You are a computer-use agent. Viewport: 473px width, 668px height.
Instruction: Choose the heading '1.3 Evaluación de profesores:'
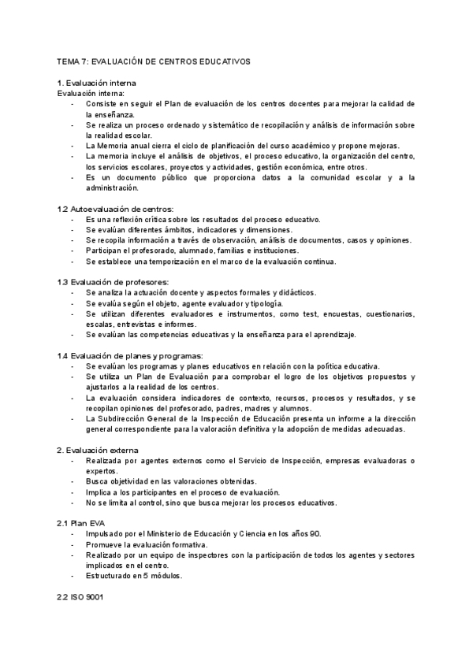click(x=113, y=282)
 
